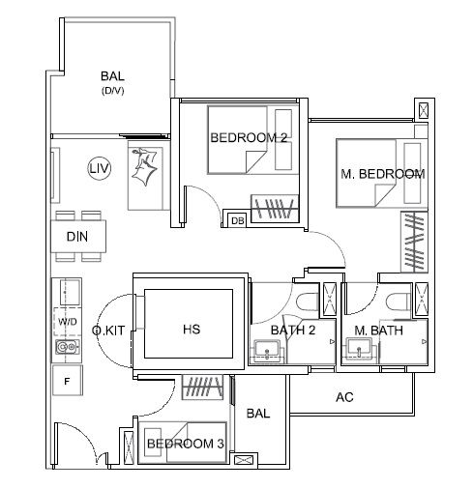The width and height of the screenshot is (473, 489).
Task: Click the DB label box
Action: [238, 220]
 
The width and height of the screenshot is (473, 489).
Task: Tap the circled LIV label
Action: [100, 168]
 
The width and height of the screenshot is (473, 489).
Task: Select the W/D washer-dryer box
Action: [68, 322]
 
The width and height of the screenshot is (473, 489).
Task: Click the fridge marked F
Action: [67, 381]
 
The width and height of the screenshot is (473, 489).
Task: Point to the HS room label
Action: [192, 330]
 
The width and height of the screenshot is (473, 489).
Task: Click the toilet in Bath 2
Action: [308, 302]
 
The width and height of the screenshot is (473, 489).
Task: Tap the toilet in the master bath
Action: [399, 302]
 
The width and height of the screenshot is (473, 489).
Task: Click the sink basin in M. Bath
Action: [360, 348]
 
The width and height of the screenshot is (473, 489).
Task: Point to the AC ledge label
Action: [344, 397]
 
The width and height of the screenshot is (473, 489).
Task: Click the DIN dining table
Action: [78, 237]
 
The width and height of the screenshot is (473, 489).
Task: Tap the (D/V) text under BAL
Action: [112, 91]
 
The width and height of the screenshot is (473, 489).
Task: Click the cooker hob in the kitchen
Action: [68, 347]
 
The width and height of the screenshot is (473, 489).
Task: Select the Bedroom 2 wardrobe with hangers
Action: [275, 209]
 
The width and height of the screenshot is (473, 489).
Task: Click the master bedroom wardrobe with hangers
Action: [414, 242]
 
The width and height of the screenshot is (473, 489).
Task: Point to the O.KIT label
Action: [108, 331]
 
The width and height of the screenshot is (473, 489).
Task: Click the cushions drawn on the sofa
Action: [144, 166]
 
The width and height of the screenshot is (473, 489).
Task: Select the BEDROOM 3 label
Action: [186, 444]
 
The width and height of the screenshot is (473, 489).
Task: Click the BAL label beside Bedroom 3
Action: [258, 414]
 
